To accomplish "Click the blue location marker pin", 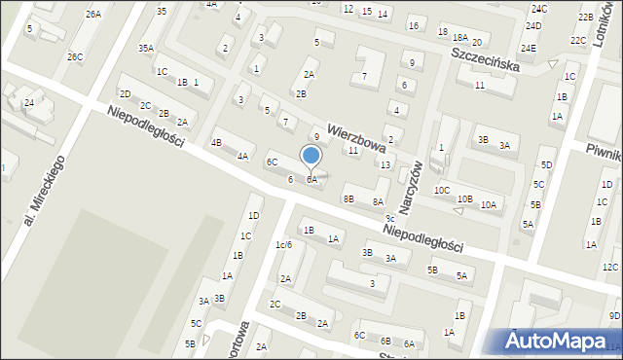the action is (x=311, y=156).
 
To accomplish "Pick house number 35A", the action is (x=146, y=48).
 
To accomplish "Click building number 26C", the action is (x=75, y=56).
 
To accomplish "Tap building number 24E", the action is (x=529, y=48).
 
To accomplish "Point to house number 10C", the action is (x=442, y=190).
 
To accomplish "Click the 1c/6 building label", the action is (x=283, y=244).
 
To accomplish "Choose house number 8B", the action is (x=348, y=198).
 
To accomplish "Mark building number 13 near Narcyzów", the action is (x=385, y=164).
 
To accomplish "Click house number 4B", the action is (x=217, y=142).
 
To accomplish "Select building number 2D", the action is (x=125, y=93).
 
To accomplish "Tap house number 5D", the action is (x=547, y=164).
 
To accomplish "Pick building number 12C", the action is (x=610, y=267).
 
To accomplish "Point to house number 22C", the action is (x=578, y=40).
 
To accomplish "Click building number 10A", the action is (x=489, y=204).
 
